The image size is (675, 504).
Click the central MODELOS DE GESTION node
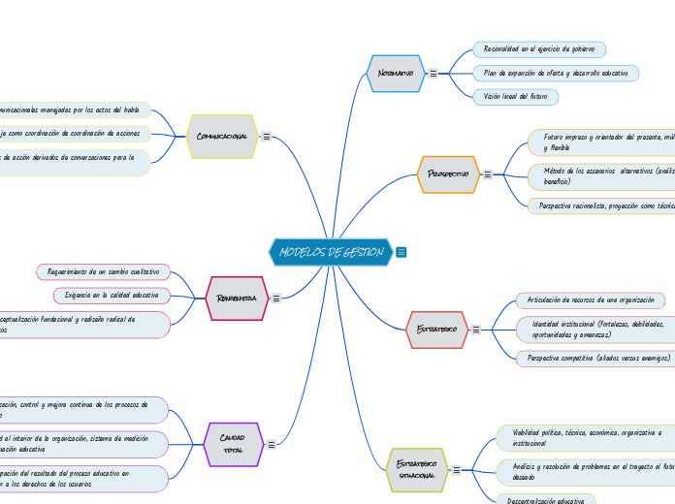point(331,252)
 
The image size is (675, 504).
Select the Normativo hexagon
point(396,73)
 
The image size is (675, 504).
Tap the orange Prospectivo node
point(448,173)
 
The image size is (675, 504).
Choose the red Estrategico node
point(435,330)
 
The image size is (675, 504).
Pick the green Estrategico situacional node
point(417,470)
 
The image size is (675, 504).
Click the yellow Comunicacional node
point(221,137)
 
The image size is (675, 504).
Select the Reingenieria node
point(237,299)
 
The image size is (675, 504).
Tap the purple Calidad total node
point(233,445)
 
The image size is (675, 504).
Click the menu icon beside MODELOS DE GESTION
point(402,252)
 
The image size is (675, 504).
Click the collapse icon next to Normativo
point(433,73)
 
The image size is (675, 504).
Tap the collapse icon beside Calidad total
point(272,445)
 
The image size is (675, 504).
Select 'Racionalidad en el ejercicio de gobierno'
point(538,48)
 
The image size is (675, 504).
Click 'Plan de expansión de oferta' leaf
point(555,73)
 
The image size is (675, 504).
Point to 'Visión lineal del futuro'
point(516,97)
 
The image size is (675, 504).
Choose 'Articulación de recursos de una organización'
point(590,299)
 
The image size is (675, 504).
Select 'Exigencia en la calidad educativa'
point(112,294)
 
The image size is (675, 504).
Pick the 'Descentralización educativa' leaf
point(545,500)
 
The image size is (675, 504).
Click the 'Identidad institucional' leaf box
point(595,329)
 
